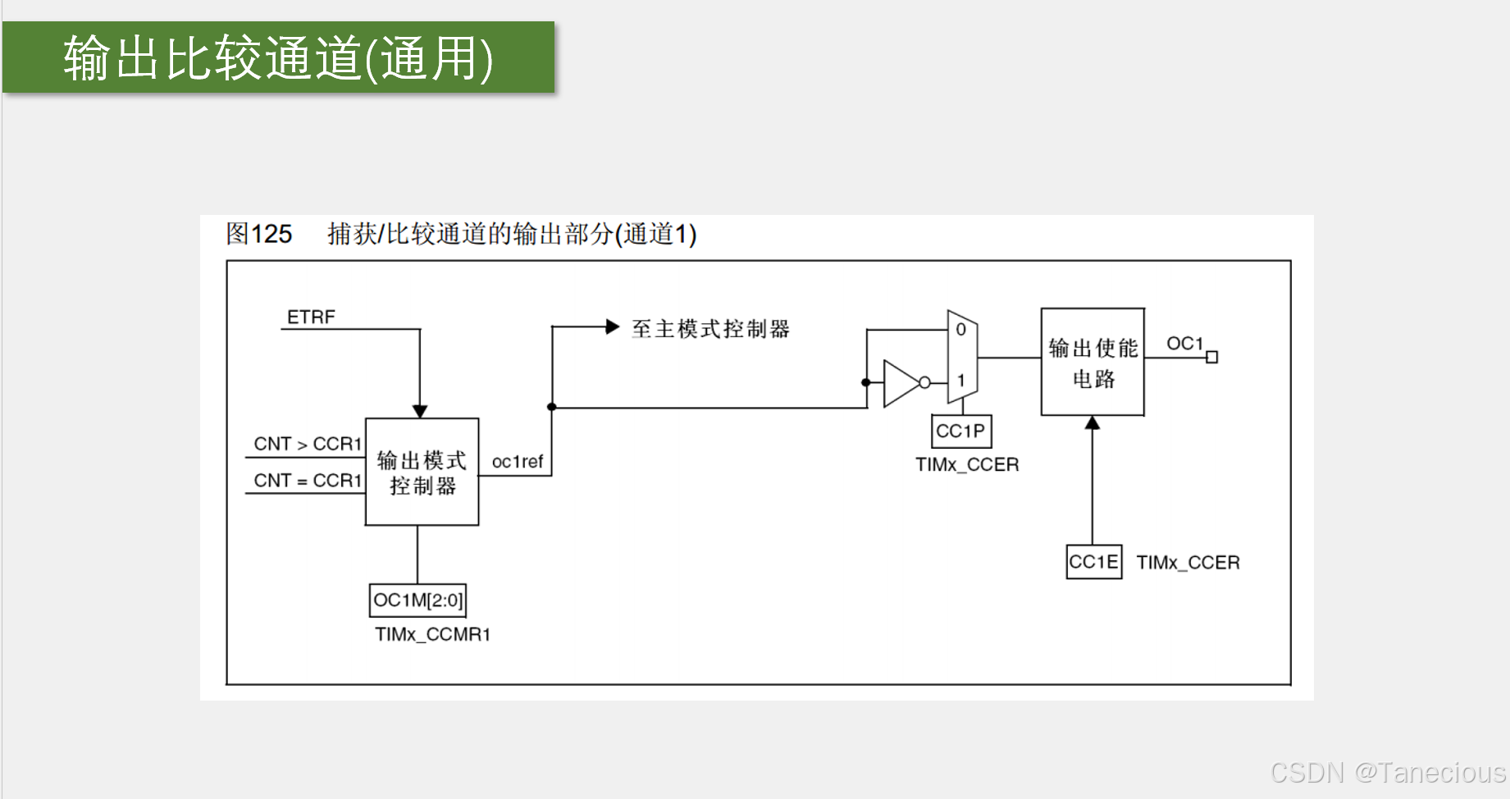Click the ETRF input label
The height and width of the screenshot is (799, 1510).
coord(311,317)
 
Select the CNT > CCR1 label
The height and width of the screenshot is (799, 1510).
coord(308,444)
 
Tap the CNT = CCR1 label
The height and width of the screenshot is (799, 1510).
coord(308,481)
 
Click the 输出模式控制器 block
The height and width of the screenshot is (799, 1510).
coord(422,473)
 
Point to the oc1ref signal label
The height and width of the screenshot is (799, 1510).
coord(517,462)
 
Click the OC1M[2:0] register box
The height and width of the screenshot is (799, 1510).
coord(417,600)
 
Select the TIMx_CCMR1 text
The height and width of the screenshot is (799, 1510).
coord(432,634)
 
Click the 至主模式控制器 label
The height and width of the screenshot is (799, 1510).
coord(710,329)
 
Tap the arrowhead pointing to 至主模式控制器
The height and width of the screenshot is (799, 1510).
coord(612,327)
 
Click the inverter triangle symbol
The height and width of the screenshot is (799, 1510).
coord(901,382)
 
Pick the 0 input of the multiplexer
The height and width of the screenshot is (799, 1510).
coord(960,330)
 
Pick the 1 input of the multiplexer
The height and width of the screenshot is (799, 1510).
coord(960,381)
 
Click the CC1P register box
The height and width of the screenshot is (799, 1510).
coord(960,431)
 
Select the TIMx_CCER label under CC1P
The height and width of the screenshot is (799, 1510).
coord(967,465)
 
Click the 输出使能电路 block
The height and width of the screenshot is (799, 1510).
coord(1093,362)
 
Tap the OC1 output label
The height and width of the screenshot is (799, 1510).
coord(1184,344)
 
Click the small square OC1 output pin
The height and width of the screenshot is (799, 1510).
coord(1211,357)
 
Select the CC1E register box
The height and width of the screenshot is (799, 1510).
coord(1093,562)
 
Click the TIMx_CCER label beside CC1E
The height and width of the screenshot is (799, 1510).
coord(1188,563)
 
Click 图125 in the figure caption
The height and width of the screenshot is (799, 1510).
coord(259,234)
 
